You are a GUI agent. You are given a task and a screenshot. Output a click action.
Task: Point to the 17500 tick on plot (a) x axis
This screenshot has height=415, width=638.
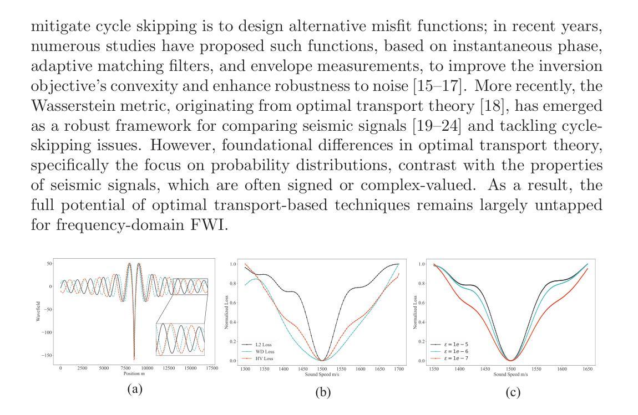click(211, 368)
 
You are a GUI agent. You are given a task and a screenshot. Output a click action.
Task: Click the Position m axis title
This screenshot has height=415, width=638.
click(134, 375)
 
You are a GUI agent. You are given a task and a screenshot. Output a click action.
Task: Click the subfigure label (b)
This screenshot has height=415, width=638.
click(323, 392)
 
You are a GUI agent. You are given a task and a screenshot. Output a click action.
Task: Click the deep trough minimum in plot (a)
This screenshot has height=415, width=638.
click(134, 358)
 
